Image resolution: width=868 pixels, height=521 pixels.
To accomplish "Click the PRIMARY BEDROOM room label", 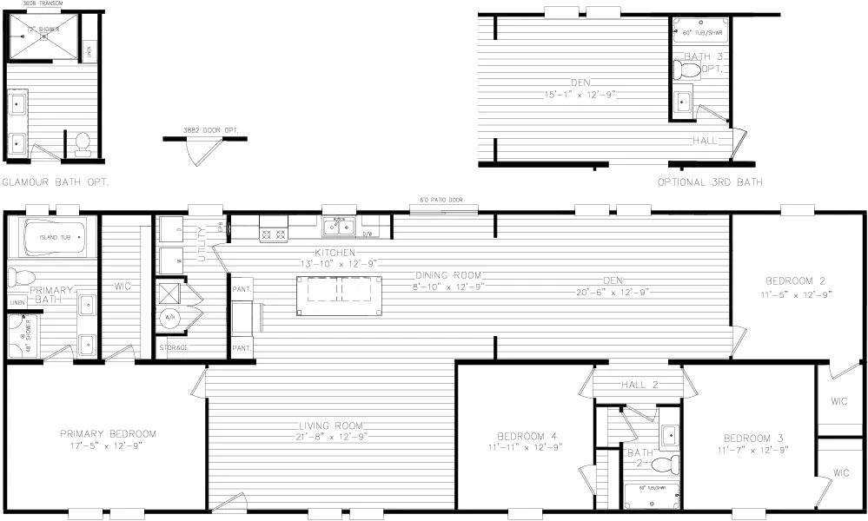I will pyautogui.click(x=108, y=434).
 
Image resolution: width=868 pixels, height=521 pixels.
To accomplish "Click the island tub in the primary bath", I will pyautogui.click(x=54, y=236).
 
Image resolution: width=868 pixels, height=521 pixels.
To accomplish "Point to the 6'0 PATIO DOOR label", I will pyautogui.click(x=448, y=201).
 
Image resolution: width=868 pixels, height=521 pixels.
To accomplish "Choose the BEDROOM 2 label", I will pyautogui.click(x=794, y=281).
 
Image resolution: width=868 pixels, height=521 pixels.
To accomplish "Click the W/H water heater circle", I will pyautogui.click(x=169, y=317).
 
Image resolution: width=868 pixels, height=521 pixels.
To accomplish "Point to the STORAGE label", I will pyautogui.click(x=174, y=348).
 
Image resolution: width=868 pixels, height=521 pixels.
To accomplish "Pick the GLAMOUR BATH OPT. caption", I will pyautogui.click(x=55, y=183).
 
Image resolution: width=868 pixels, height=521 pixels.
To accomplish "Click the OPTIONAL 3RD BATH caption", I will pyautogui.click(x=710, y=182).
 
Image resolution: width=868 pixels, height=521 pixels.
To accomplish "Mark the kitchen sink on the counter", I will pyautogui.click(x=338, y=228).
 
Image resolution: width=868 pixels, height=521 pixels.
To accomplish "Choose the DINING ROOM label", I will pyautogui.click(x=447, y=275).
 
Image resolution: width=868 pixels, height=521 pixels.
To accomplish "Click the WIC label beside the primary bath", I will pyautogui.click(x=123, y=285).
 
